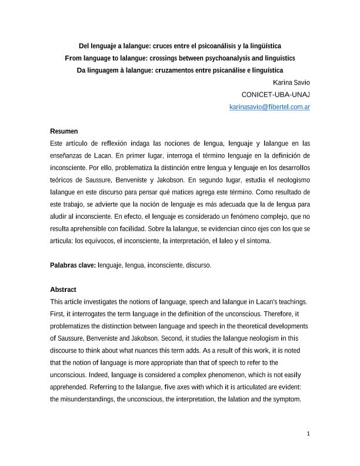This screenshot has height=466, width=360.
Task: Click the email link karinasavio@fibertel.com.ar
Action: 269,107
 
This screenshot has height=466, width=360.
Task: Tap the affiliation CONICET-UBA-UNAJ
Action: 276,95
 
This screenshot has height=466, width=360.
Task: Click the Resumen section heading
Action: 64,131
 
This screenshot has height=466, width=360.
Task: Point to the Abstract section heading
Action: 63,289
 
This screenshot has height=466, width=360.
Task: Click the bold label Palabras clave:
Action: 73,265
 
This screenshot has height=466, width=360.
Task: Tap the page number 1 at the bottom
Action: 308,434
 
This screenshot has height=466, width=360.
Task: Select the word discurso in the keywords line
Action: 197,265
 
